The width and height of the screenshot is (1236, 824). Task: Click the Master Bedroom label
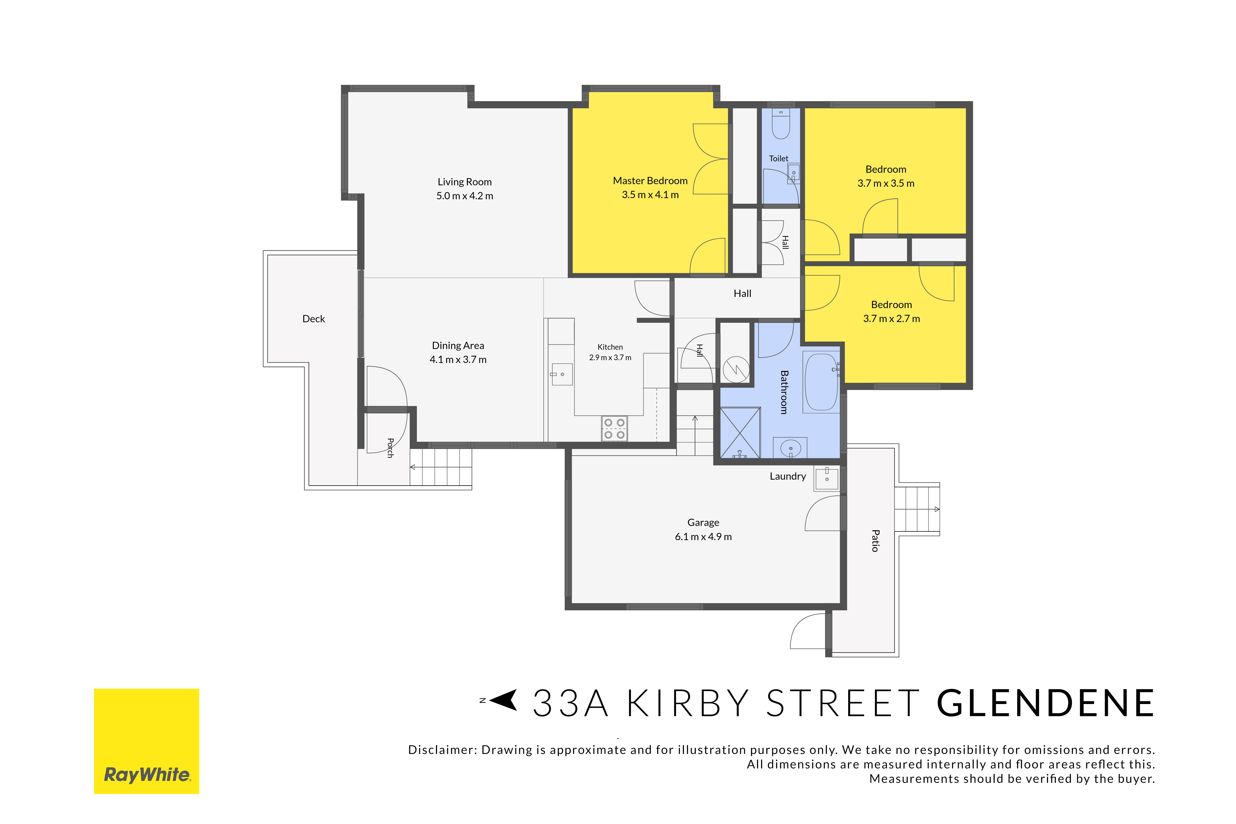coord(650,181)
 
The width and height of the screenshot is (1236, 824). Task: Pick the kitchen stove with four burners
coord(614,428)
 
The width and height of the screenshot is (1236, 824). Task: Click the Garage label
coord(703,522)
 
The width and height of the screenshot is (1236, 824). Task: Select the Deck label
coord(314,319)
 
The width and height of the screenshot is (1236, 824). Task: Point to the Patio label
coord(875,541)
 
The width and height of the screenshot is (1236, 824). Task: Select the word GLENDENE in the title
coord(1046,704)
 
